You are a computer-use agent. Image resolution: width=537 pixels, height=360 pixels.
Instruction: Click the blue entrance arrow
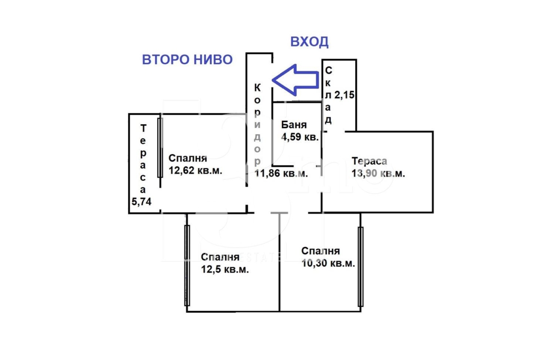[x=295, y=80]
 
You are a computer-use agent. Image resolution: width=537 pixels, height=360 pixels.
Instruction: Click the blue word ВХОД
[x=309, y=42]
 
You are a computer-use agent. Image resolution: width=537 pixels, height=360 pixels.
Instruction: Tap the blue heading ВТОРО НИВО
[x=187, y=60]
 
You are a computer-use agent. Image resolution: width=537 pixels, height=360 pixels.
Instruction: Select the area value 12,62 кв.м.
[x=195, y=170]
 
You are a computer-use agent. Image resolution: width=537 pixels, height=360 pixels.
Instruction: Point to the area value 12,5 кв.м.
[x=224, y=269]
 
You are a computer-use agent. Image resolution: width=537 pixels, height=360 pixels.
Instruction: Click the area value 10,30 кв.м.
[x=328, y=263]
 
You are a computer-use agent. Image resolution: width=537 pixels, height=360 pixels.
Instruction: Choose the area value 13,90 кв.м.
[x=378, y=173]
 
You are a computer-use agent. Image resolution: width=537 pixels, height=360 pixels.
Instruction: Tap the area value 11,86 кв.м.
[x=281, y=173]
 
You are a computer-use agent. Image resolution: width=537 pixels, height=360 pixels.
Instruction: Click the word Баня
[x=294, y=125]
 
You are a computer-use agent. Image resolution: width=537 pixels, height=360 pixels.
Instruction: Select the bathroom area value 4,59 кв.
[x=300, y=137]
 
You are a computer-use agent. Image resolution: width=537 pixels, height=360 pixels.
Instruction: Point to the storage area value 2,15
[x=344, y=95]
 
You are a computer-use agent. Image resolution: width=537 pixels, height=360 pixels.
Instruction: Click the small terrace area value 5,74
[x=141, y=202]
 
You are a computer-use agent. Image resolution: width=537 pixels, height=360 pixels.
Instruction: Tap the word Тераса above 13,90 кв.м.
[x=369, y=161]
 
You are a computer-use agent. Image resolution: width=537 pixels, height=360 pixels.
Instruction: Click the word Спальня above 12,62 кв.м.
[x=188, y=158]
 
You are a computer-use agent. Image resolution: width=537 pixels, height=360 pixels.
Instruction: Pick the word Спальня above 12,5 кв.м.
[x=220, y=257]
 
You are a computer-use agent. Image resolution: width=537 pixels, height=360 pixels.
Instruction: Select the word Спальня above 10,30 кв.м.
[x=320, y=251]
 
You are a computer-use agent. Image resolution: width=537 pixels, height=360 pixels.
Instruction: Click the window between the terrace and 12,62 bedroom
[x=160, y=148]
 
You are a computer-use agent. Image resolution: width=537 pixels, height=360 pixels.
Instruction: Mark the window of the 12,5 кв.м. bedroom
[x=187, y=266]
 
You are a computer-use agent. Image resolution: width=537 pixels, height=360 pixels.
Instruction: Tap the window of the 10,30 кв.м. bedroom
[x=361, y=267]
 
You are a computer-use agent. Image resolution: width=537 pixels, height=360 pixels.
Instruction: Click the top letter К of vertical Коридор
[x=257, y=88]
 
